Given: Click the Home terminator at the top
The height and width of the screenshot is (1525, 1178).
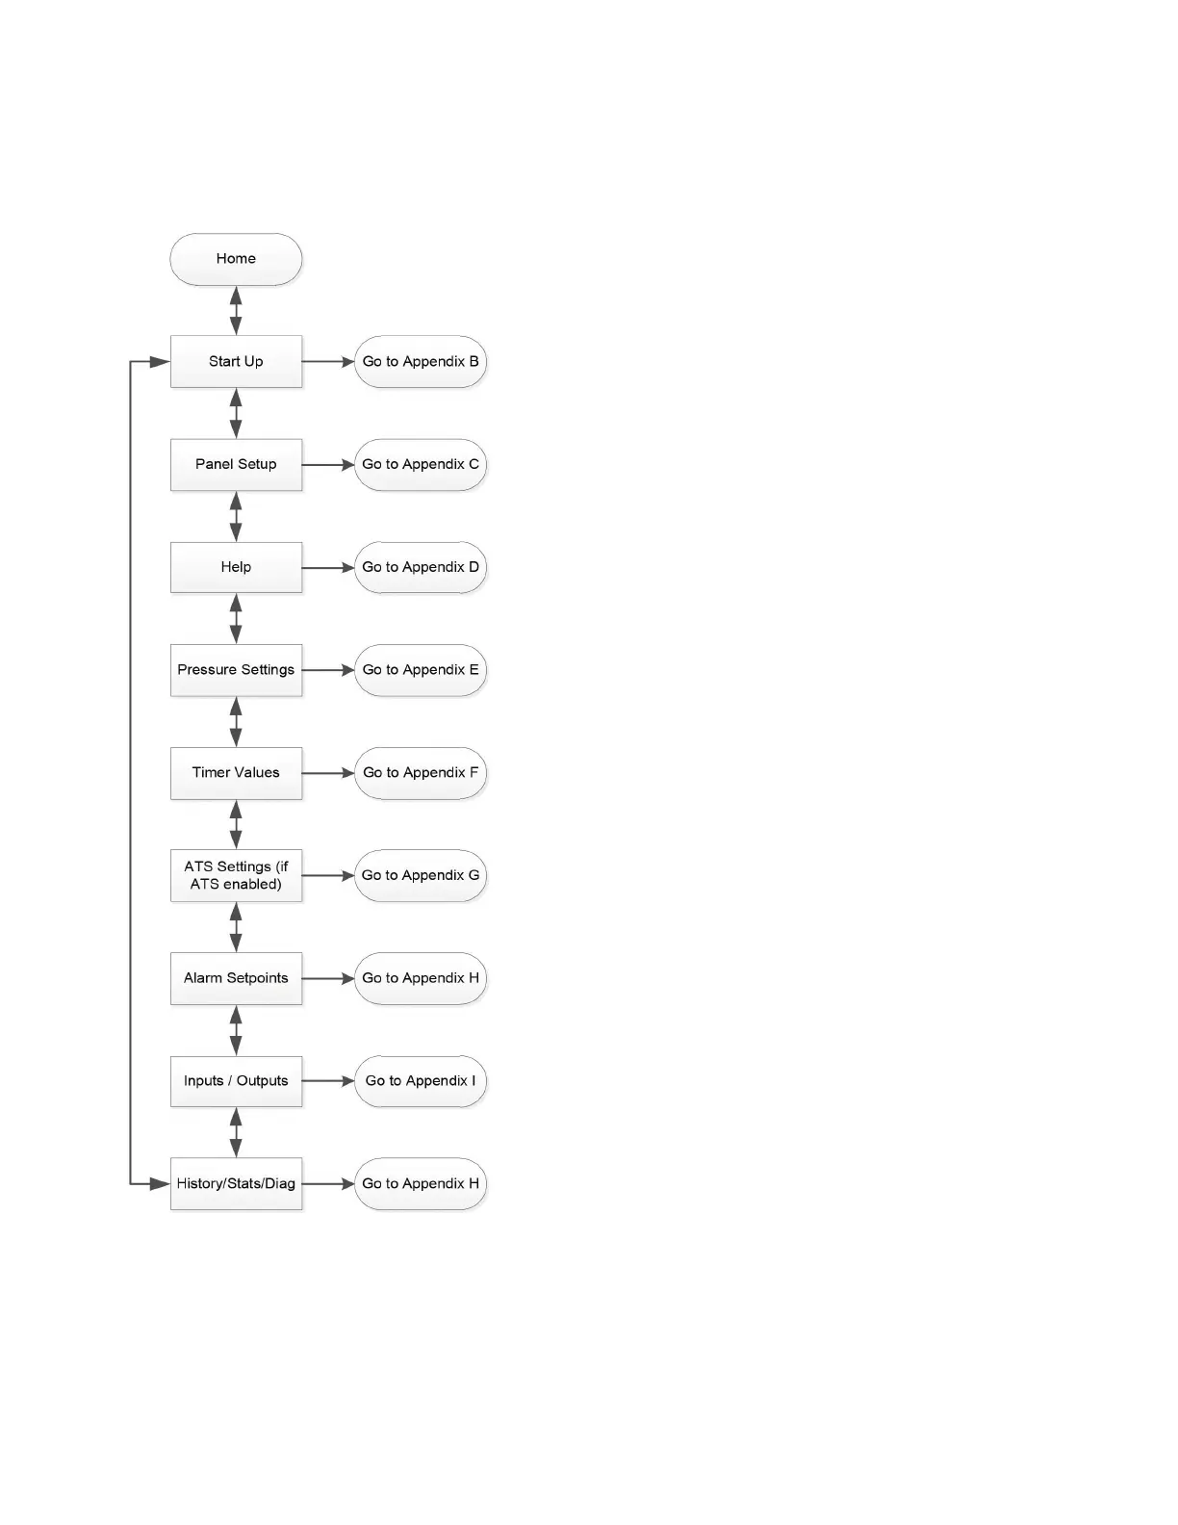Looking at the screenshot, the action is point(236,259).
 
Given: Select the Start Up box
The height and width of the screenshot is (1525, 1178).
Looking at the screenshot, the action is point(236,362).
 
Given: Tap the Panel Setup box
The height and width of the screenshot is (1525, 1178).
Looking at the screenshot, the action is point(236,464).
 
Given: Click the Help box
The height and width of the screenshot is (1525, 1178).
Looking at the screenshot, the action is point(236,567).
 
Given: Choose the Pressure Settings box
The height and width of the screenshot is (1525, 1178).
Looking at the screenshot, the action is point(236,670).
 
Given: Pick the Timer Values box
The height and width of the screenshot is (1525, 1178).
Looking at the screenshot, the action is point(236,773).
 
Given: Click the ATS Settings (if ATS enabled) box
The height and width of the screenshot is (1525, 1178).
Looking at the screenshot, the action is point(236,875).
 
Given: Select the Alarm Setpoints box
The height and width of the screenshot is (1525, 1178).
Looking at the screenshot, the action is point(236,978).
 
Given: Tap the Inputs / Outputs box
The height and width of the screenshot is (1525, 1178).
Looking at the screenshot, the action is point(236,1081).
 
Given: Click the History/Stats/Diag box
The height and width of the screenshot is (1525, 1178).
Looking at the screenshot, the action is point(236,1183).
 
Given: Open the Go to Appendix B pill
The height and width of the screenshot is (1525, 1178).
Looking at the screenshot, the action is point(420,362).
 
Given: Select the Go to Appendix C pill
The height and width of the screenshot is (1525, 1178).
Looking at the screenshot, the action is point(420,464).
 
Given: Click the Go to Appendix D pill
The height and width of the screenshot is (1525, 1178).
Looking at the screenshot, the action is point(420,567).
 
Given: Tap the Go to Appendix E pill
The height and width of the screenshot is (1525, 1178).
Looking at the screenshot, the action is point(420,670).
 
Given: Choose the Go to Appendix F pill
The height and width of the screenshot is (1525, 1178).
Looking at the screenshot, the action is point(420,773).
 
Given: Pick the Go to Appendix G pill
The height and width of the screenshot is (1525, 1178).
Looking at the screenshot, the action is point(420,875).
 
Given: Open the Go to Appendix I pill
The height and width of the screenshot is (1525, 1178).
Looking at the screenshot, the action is point(420,1081).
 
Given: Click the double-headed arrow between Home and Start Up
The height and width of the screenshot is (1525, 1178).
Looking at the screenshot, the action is point(236,310).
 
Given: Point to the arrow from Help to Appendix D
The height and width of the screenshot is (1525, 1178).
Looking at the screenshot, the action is point(328,568).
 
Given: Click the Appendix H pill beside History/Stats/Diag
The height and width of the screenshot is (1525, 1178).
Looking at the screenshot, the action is point(420,1183).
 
